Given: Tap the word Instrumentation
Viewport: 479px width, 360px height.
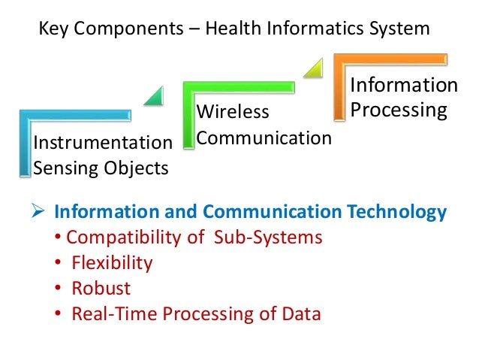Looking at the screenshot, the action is pos(103,142).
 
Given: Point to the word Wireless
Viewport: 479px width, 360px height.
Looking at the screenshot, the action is pos(233,113).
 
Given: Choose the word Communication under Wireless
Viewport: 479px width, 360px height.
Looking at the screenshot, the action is pos(264,138).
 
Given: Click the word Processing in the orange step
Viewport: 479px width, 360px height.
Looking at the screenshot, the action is pos(399,110).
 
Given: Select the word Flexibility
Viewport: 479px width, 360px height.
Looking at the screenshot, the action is pos(112,263).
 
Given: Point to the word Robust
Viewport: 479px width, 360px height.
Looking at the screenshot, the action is pos(101,288).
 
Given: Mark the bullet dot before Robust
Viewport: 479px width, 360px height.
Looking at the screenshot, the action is pos(59,289).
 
